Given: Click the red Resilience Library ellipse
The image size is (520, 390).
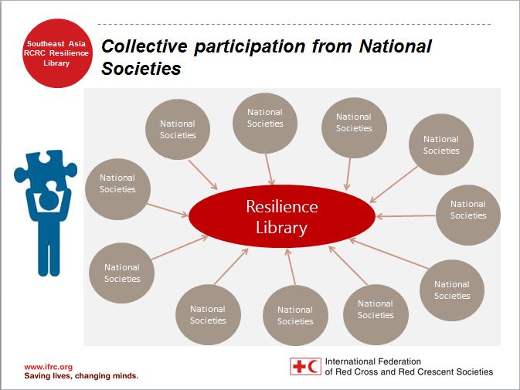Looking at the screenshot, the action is tap(282, 216).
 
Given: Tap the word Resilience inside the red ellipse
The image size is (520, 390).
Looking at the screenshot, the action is tap(282, 206).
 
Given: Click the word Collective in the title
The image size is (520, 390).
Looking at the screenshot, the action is tap(144, 46).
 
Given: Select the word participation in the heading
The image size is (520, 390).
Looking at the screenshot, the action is tap(250, 46).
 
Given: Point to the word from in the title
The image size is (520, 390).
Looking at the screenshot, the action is tap(332, 46).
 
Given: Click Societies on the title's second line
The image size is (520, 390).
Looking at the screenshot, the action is tap(141, 69).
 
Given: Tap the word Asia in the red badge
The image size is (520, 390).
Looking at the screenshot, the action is tap(77, 43).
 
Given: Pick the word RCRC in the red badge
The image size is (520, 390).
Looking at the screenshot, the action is tap(35, 53).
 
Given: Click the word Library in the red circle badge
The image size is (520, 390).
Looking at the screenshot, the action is tap(56, 63).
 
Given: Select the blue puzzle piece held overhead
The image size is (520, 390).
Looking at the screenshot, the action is tap(46, 169).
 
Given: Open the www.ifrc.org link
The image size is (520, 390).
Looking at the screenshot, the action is tap(49, 367).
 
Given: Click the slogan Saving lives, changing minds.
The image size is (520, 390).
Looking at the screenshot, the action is tap(81, 376).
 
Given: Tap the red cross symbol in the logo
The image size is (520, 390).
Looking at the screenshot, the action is tap(299, 367).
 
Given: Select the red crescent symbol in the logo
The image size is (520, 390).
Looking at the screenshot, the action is tap(312, 367).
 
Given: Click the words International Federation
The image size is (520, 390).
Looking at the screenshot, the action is tap(372, 361).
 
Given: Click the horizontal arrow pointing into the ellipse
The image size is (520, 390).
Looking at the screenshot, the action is tap(406, 216).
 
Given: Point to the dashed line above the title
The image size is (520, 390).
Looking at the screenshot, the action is tap(295, 24).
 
